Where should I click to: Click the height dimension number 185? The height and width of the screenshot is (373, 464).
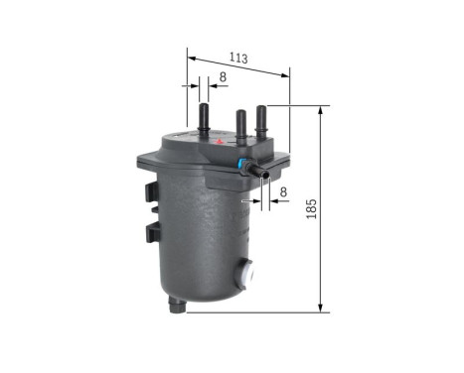[x=340, y=209]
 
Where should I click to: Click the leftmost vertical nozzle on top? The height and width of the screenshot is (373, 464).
[x=204, y=117]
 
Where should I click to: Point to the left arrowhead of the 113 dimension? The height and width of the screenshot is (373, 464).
[x=191, y=56]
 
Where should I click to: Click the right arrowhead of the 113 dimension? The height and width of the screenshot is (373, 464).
[x=288, y=69]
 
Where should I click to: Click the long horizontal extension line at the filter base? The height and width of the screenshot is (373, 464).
[x=258, y=311]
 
